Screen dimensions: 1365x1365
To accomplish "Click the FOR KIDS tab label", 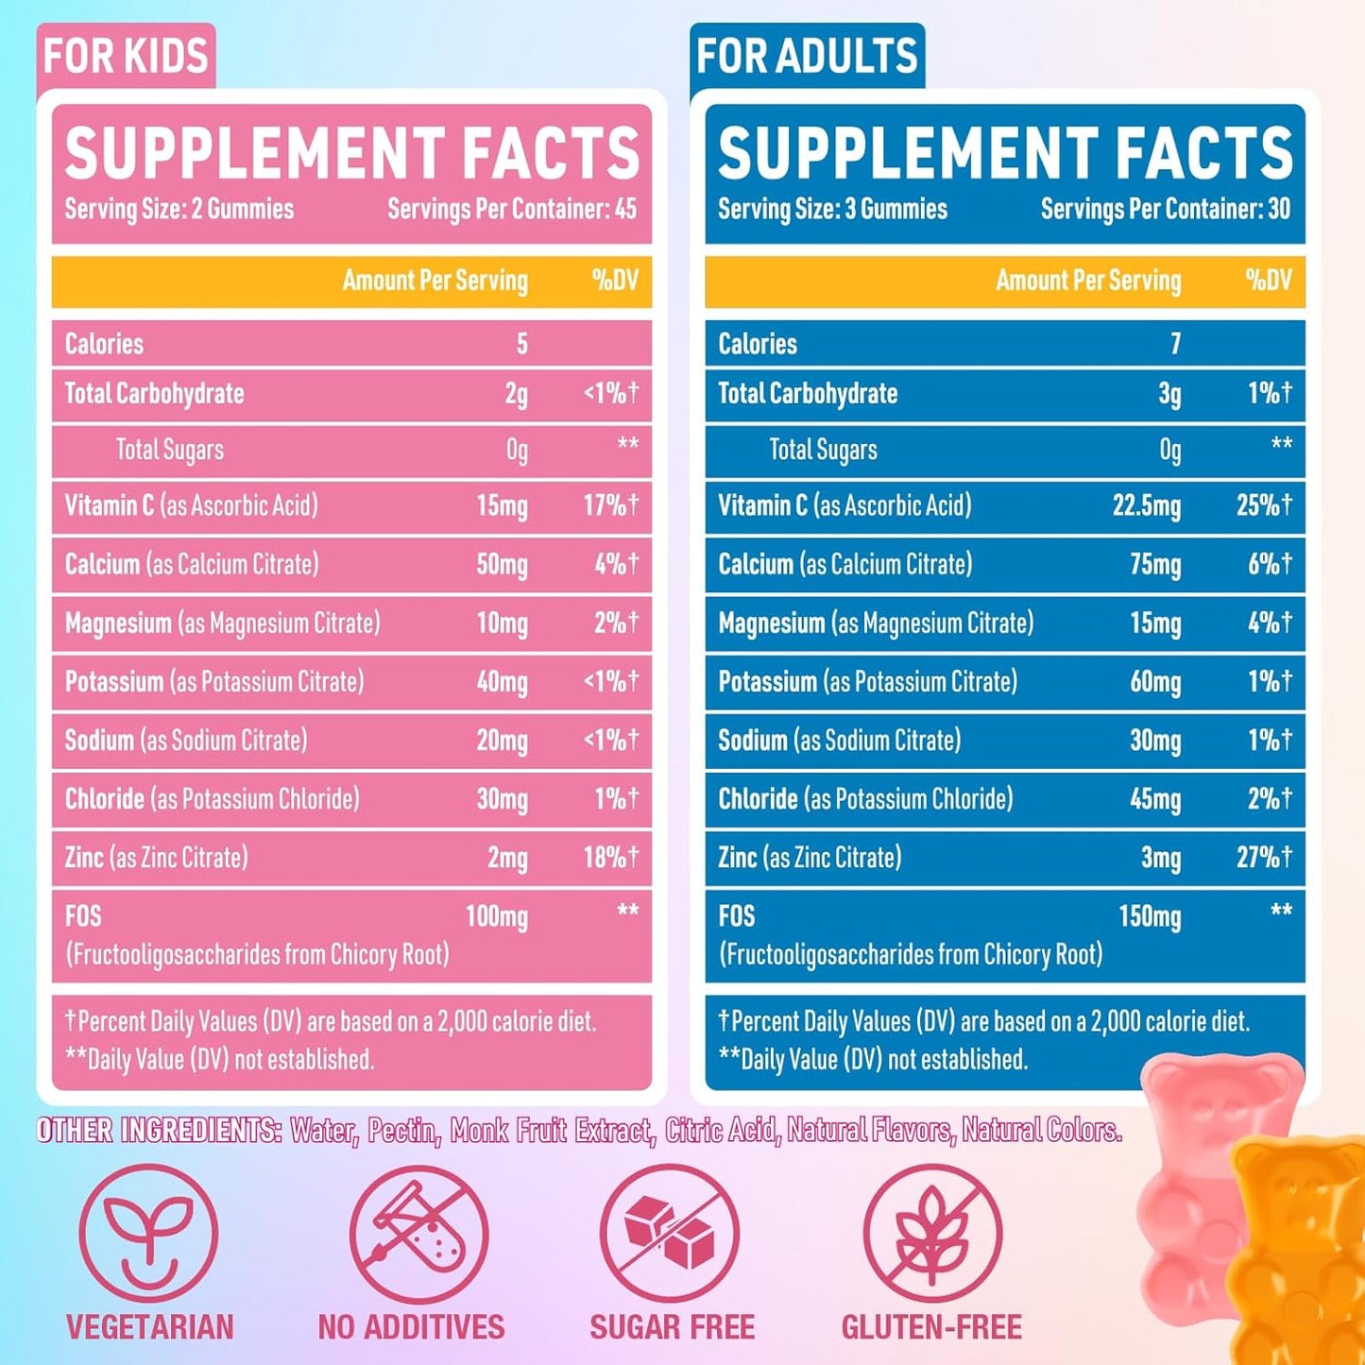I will click(x=126, y=56).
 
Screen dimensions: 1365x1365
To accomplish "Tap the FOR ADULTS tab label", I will click(x=807, y=56).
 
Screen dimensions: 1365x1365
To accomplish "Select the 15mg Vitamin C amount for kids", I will click(x=502, y=505).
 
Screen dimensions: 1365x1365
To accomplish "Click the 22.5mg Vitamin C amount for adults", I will click(x=1146, y=505).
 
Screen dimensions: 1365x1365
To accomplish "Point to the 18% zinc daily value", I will click(x=610, y=858).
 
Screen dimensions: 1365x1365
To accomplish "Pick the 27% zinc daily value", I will click(x=1264, y=858).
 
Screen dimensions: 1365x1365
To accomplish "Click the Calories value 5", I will click(x=521, y=344).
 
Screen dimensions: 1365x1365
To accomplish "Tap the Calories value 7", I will click(x=1175, y=344).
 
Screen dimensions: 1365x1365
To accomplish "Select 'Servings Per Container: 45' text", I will click(x=512, y=209).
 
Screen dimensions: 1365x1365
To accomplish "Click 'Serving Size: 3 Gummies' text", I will click(x=832, y=209).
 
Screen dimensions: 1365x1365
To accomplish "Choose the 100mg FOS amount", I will click(x=496, y=916).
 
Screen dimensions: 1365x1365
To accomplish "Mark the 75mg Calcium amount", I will click(x=1155, y=565).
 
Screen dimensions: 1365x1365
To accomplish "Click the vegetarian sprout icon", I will click(x=148, y=1234).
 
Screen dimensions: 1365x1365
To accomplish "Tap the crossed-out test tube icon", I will click(x=418, y=1234).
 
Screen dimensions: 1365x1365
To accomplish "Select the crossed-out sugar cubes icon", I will click(x=671, y=1234).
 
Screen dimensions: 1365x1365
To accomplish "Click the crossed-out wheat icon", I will click(x=932, y=1234).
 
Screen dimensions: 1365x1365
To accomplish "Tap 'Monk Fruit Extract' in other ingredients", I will click(x=551, y=1130).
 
